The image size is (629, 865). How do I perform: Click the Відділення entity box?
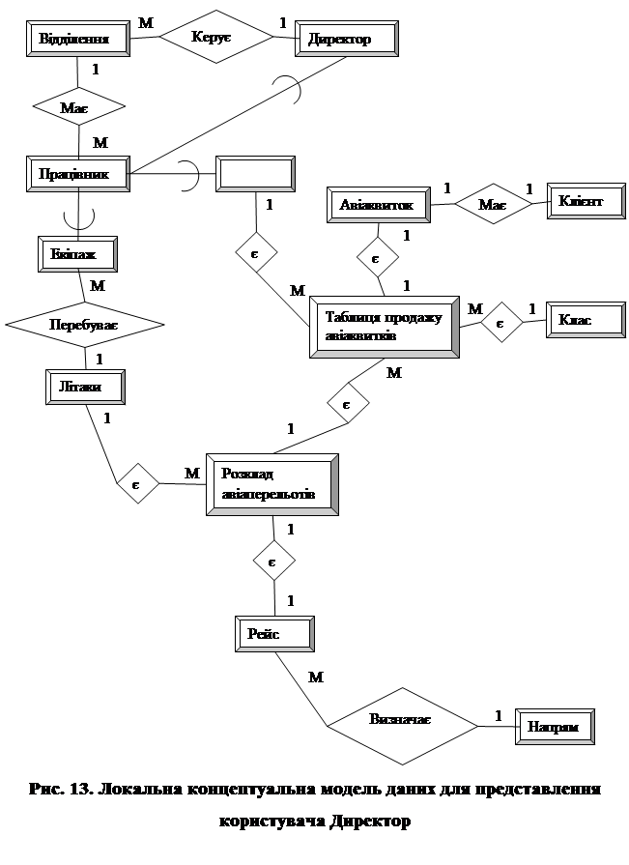(x=78, y=40)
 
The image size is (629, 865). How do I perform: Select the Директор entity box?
(x=347, y=40)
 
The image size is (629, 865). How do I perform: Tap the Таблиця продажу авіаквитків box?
(x=384, y=328)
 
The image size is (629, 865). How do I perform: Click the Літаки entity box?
(x=87, y=387)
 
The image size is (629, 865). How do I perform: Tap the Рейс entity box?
(x=275, y=633)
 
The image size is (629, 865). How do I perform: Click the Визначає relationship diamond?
(x=401, y=721)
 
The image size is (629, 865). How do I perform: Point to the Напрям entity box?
(x=556, y=726)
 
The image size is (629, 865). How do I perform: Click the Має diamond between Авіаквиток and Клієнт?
(x=492, y=203)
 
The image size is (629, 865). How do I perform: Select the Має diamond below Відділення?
(x=78, y=106)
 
